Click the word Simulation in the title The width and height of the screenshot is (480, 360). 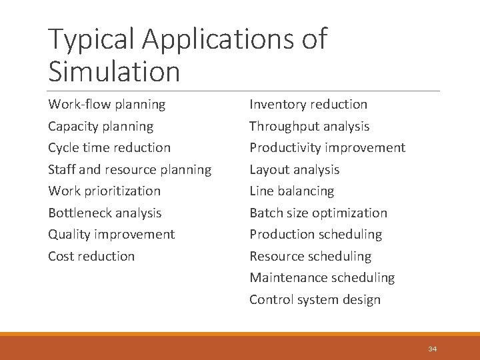coord(114,71)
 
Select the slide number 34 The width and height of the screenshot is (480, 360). coord(433,349)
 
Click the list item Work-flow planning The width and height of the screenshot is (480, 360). coord(107,105)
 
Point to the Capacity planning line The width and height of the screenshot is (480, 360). coord(101,126)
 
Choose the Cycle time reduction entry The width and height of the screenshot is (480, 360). coord(109,147)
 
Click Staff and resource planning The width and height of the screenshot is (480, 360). coord(129,169)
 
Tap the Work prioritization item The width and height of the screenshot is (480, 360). coord(104,191)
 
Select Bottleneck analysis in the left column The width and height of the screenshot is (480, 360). coord(105,213)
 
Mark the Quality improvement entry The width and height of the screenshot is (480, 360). coord(111,234)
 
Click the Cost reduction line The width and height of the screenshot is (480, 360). coord(91,256)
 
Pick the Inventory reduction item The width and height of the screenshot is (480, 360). coord(308,105)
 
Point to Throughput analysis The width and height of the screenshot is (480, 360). coord(309,126)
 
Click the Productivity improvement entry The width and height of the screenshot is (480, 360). coord(327,147)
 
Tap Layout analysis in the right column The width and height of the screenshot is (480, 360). coord(294,169)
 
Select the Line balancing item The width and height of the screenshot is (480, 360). coord(291,191)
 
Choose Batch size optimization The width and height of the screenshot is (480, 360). coord(318,213)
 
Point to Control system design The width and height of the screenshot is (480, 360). coord(315,299)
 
